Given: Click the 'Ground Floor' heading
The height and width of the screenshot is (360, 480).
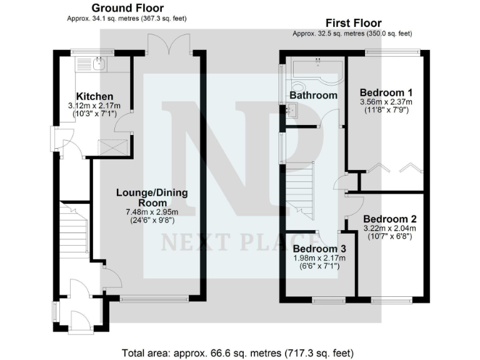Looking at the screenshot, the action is pyautogui.click(x=127, y=8).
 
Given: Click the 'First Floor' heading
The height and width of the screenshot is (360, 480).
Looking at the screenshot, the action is pyautogui.click(x=353, y=23).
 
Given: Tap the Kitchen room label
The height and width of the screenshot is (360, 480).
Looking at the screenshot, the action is pyautogui.click(x=95, y=96).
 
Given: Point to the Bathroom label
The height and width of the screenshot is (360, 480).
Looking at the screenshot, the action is pyautogui.click(x=313, y=96).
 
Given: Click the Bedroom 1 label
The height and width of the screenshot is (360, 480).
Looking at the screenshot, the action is pyautogui.click(x=386, y=93).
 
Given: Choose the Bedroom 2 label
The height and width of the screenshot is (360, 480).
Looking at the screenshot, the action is pyautogui.click(x=389, y=219).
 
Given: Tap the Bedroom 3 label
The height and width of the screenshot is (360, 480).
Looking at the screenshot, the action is pyautogui.click(x=320, y=249).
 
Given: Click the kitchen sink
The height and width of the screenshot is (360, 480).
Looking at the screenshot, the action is pyautogui.click(x=97, y=62).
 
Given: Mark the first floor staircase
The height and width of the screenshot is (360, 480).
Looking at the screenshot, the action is pyautogui.click(x=299, y=187).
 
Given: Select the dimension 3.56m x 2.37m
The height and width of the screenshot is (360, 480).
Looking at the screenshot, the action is pyautogui.click(x=386, y=102).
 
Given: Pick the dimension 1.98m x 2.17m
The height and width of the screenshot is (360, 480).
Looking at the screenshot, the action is pyautogui.click(x=320, y=259).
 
